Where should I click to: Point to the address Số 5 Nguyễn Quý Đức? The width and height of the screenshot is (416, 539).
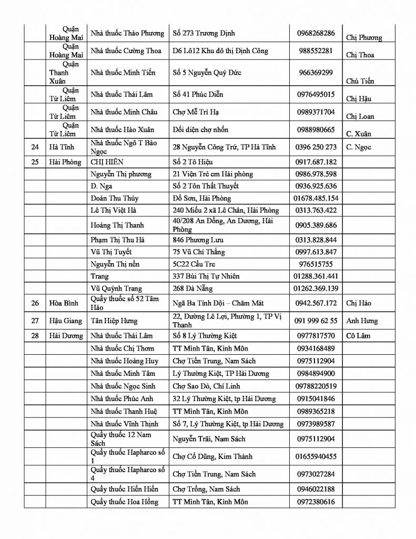tap(207, 73)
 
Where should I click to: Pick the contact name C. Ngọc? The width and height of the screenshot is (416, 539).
tap(359, 147)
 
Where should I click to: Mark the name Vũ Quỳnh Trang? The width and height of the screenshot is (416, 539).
tap(114, 288)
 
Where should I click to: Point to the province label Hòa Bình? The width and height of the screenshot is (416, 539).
tap(64, 303)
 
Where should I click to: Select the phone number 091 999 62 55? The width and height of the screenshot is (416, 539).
tap(316, 321)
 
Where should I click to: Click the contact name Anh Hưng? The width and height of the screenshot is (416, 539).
tap(362, 321)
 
